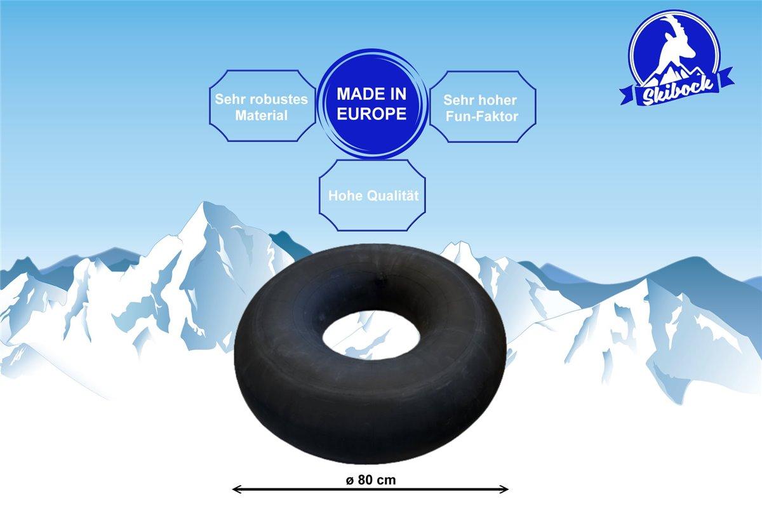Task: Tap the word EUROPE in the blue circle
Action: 371,114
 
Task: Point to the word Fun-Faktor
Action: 482,116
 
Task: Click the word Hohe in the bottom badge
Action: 343,196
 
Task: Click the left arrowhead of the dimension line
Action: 237,489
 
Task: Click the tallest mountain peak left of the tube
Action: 203,207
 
